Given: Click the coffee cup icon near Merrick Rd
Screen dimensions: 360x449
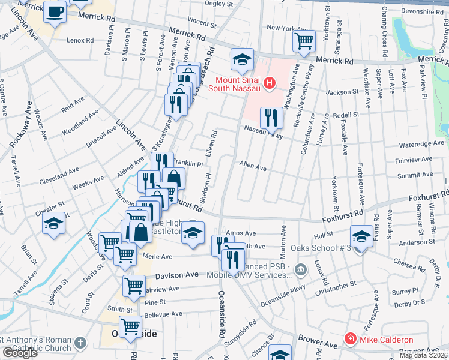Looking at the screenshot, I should pos(55,12).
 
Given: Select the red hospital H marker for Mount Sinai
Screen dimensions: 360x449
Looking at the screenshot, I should pos(270,83).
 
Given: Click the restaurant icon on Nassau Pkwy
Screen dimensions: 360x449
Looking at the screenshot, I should pos(271,118).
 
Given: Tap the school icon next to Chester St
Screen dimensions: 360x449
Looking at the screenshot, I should pos(53,224).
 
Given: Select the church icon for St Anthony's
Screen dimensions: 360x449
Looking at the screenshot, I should pos(80,344).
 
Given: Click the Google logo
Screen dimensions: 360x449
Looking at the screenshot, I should pos(19,353).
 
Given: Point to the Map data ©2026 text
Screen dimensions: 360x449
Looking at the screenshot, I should pos(423,355).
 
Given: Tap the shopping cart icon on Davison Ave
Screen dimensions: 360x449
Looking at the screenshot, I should pos(134,286).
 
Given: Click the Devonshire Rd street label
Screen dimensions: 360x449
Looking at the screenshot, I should pos(421,11).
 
